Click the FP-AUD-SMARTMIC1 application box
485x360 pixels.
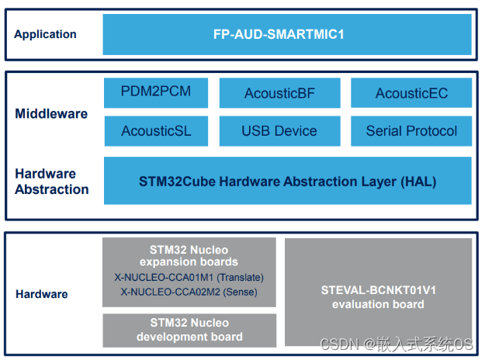tap(286, 34)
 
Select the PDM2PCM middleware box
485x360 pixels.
tap(155, 92)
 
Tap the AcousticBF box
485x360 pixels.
tap(279, 93)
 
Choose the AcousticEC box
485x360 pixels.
tap(411, 93)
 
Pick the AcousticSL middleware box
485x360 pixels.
tap(155, 131)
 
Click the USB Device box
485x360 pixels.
tap(279, 131)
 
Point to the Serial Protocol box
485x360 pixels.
tap(411, 131)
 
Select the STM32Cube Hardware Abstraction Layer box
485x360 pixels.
tap(286, 182)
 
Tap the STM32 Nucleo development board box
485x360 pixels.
tap(189, 330)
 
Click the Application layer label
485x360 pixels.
tap(45, 34)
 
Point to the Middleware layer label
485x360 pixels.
tap(51, 114)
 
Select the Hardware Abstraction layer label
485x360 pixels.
tap(51, 182)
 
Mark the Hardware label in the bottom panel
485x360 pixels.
tap(41, 294)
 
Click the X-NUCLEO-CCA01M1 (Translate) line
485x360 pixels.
tap(189, 277)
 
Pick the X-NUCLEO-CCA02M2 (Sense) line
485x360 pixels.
tap(189, 292)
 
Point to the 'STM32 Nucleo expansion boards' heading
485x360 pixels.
tap(189, 255)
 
